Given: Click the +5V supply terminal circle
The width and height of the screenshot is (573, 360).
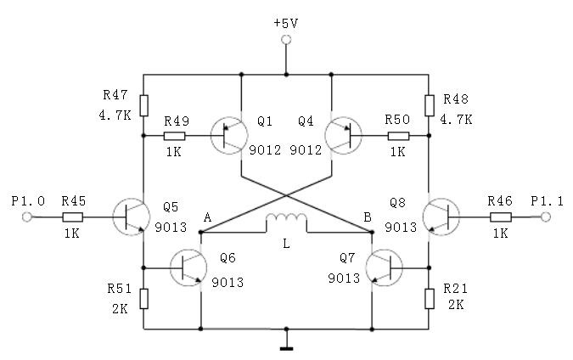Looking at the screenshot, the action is pyautogui.click(x=287, y=39).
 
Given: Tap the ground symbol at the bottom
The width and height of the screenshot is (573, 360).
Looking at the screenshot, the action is pyautogui.click(x=287, y=349).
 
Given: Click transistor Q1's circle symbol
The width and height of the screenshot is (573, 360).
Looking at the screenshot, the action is pyautogui.click(x=229, y=136).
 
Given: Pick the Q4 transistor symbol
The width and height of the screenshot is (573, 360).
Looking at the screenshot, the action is pyautogui.click(x=343, y=136).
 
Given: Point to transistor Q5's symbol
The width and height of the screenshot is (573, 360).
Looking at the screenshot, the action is pyautogui.click(x=132, y=217).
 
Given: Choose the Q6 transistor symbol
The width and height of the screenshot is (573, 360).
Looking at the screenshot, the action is pyautogui.click(x=188, y=268).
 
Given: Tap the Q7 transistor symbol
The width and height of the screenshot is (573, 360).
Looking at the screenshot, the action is pyautogui.click(x=384, y=268).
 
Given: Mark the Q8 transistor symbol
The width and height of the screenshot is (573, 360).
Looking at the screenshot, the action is pyautogui.click(x=441, y=217).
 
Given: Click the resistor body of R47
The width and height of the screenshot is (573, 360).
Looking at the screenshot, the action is pyautogui.click(x=144, y=105).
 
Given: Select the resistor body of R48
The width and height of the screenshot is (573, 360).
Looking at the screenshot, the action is pyautogui.click(x=430, y=105).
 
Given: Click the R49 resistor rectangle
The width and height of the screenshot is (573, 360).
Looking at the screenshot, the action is pyautogui.click(x=175, y=136).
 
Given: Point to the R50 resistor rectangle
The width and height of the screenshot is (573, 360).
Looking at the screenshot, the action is pyautogui.click(x=398, y=136).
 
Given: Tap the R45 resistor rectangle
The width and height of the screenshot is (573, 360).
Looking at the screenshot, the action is pyautogui.click(x=73, y=217).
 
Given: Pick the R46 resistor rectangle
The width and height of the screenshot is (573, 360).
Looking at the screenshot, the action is pyautogui.click(x=500, y=217).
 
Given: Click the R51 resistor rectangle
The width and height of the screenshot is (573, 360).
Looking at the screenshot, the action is pyautogui.click(x=144, y=299).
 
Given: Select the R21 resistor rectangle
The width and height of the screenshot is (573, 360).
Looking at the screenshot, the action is pyautogui.click(x=430, y=299).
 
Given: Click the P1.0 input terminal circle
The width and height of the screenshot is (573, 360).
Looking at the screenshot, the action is pyautogui.click(x=26, y=217).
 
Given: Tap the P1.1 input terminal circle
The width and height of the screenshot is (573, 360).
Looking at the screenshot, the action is pyautogui.click(x=546, y=217).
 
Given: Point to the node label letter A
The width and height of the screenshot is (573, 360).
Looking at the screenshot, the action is pyautogui.click(x=208, y=217).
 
